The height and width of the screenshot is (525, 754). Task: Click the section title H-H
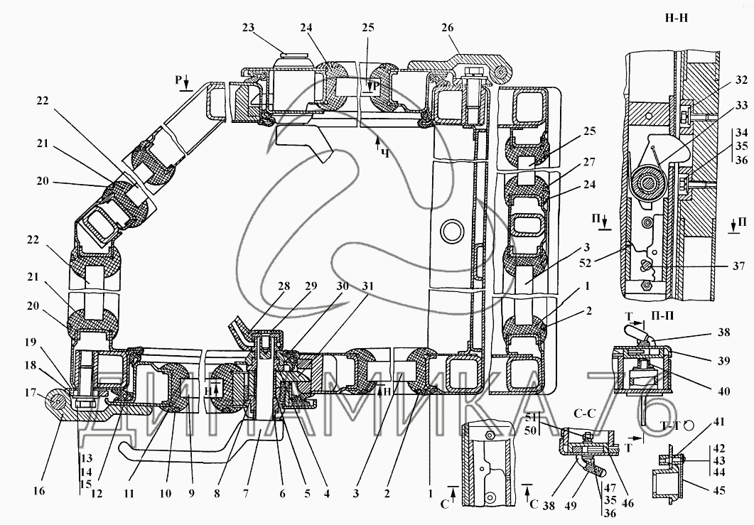[x=676, y=18]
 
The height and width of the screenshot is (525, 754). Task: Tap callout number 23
[x=248, y=28]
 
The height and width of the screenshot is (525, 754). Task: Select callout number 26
[x=447, y=28]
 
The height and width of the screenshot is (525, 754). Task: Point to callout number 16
[x=39, y=490]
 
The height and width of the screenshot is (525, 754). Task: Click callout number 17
[x=30, y=393]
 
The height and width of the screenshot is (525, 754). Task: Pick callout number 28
[x=284, y=286]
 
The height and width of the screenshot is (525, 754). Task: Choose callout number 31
[x=368, y=286]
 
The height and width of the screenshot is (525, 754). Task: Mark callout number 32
[x=741, y=81]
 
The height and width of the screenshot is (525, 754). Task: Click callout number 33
[x=741, y=105]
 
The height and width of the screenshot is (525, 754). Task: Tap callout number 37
[x=739, y=266]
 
